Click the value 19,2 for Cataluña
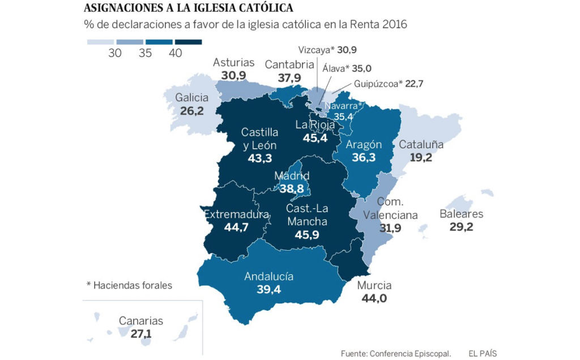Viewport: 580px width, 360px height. tap(421, 157)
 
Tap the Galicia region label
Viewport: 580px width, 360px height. tap(192, 97)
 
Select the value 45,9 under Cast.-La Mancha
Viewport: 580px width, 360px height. tap(308, 234)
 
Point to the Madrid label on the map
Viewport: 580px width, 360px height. tap(292, 175)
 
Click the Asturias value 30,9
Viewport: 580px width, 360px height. tap(234, 75)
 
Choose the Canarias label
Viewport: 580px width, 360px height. tap(141, 321)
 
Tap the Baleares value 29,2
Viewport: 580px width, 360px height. tap(461, 227)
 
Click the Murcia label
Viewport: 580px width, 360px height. tap(374, 285)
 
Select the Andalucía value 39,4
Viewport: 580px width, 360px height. tap(268, 289)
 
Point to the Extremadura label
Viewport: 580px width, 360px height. tap(236, 215)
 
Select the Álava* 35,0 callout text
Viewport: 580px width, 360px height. tap(347, 68)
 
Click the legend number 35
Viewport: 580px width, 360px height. tap(146, 53)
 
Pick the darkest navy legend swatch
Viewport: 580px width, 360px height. tap(189, 42)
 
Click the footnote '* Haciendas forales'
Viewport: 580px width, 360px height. tap(129, 285)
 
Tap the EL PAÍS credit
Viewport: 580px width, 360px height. tap(483, 353)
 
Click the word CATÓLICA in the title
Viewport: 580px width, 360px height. tap(263, 8)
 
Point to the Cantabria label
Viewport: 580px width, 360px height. tap(289, 65)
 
